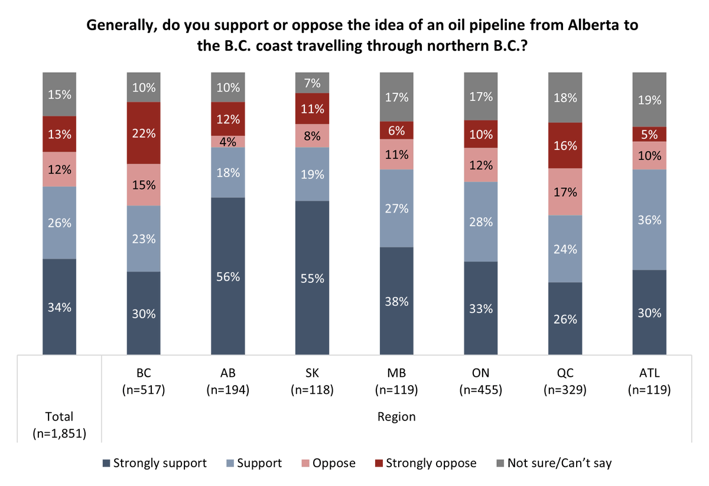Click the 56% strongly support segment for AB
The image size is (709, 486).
point(228,276)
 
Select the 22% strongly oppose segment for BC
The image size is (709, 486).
point(144,133)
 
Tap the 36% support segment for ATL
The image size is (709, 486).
point(649,220)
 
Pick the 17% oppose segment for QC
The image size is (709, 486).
point(565,192)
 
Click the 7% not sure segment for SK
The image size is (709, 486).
point(313,83)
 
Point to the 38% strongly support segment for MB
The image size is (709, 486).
point(396,301)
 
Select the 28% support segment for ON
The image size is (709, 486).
point(481,221)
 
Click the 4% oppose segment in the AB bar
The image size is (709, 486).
point(228,142)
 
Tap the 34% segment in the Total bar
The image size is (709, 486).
point(60,307)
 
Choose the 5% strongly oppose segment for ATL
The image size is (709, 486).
point(649,134)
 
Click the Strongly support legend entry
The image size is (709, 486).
point(154,463)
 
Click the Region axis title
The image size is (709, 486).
point(396,417)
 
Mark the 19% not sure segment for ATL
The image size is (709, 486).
point(649,99)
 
